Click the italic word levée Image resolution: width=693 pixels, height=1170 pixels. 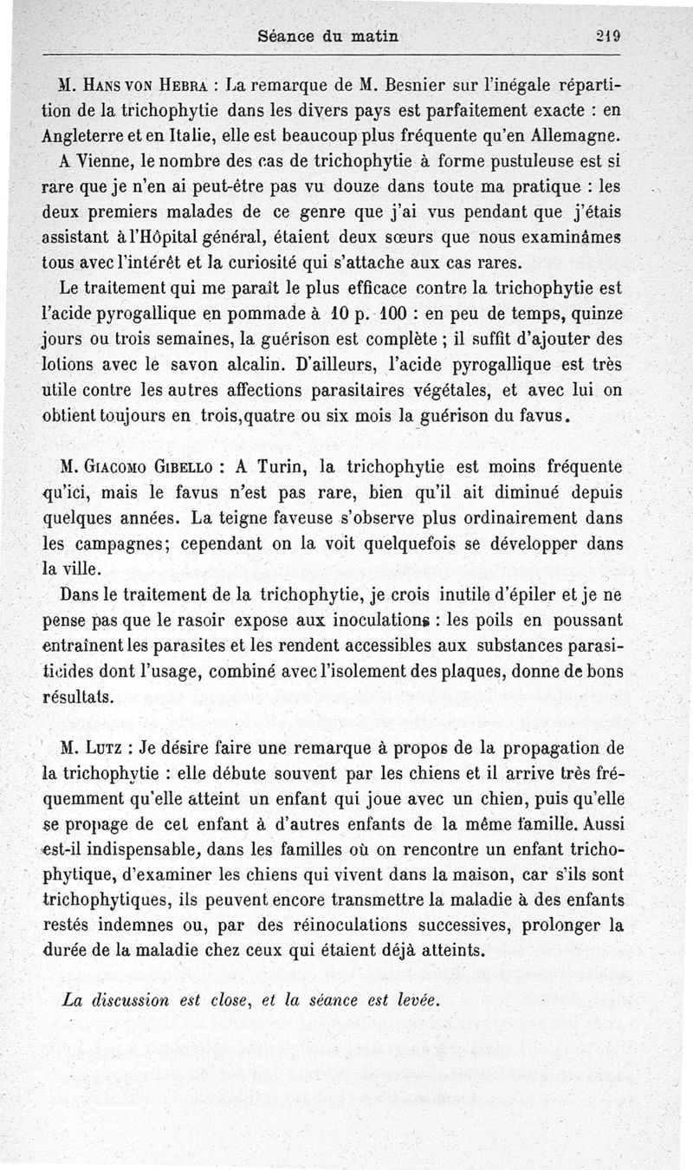coord(415,998)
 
